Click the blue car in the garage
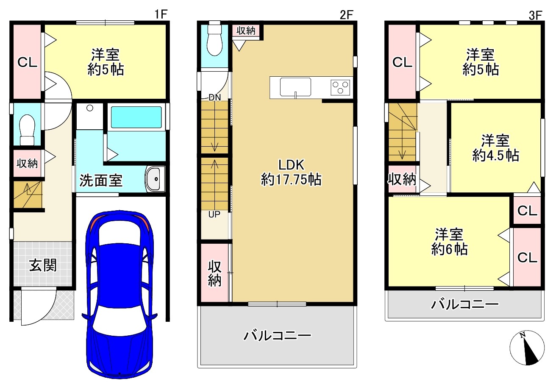pos(120,294)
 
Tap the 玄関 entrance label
pos(43,265)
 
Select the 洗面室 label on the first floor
pos(101,180)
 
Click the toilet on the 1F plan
pos(27,130)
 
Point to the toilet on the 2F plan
pos(215,40)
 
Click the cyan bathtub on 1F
pos(136,117)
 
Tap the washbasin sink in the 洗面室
pos(155,179)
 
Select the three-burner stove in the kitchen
pos(340,88)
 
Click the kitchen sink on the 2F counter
pos(295,87)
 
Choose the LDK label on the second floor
pos(291,164)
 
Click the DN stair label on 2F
pos(215,97)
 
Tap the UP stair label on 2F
pos(214,214)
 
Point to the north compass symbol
pos(527,348)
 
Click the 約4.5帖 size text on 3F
pos(495,156)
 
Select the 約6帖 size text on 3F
pos(450,249)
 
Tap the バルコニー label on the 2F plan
pos(277,336)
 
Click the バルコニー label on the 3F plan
pos(464,304)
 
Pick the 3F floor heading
pos(535,15)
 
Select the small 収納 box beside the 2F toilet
pos(246,31)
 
